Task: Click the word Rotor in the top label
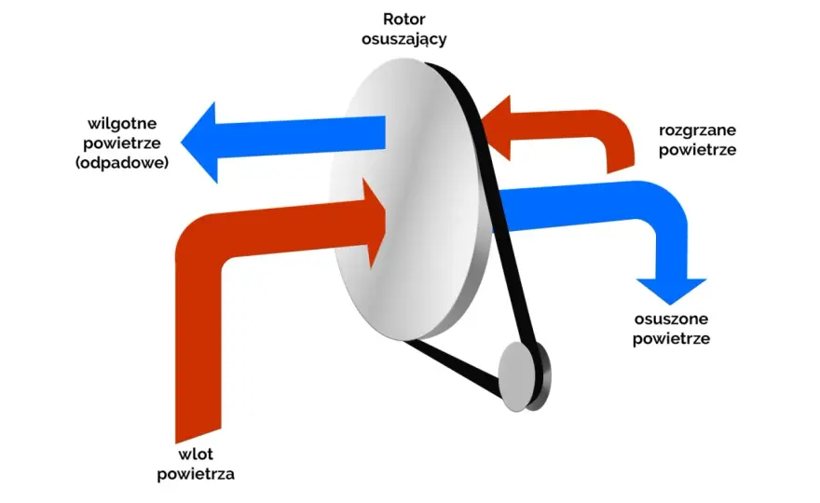click(x=403, y=20)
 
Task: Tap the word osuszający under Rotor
click(x=403, y=40)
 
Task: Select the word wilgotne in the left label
click(x=122, y=124)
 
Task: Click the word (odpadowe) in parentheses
click(x=122, y=163)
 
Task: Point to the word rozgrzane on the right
click(x=697, y=130)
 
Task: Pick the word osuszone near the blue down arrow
click(x=671, y=319)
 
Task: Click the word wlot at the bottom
click(x=196, y=454)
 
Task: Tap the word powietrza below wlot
click(x=196, y=475)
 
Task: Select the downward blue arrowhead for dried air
click(x=671, y=291)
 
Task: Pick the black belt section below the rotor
click(x=452, y=367)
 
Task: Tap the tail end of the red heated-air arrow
click(x=621, y=167)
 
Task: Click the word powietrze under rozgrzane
click(x=697, y=150)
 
